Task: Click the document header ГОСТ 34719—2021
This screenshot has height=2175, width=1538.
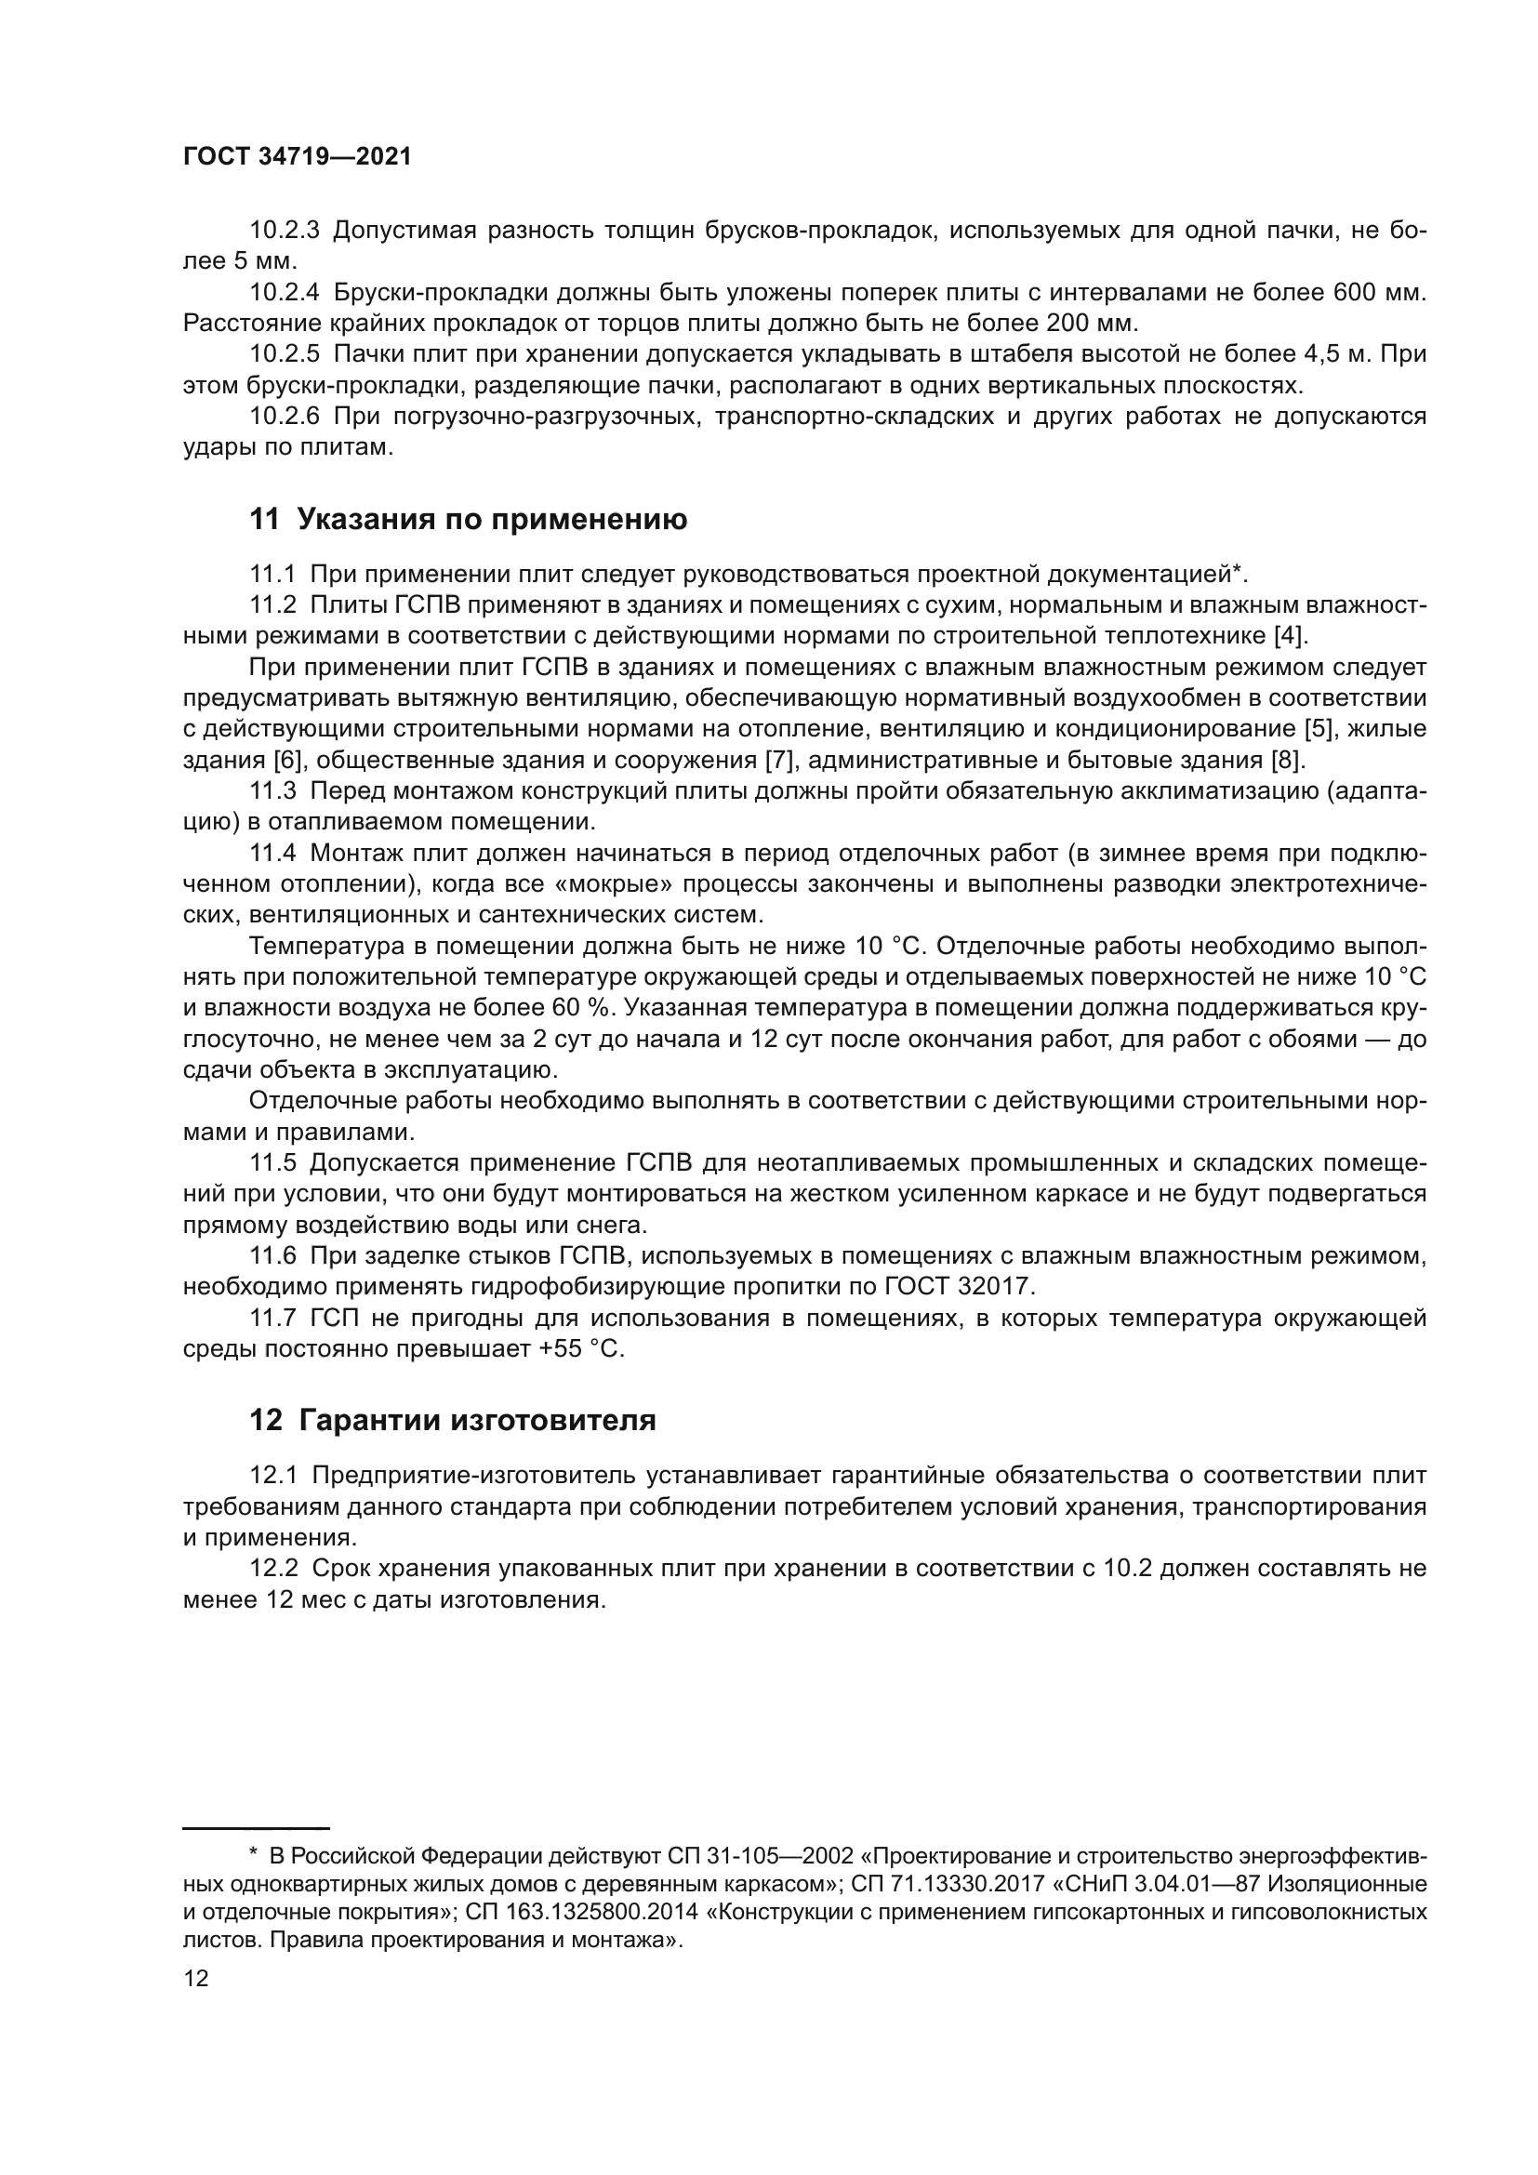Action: point(298,157)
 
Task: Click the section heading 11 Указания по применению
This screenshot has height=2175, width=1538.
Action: point(468,519)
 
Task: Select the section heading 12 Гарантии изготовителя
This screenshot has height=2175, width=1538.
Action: point(452,1421)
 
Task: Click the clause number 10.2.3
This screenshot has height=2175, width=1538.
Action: point(285,231)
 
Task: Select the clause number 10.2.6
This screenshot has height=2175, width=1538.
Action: point(285,417)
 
